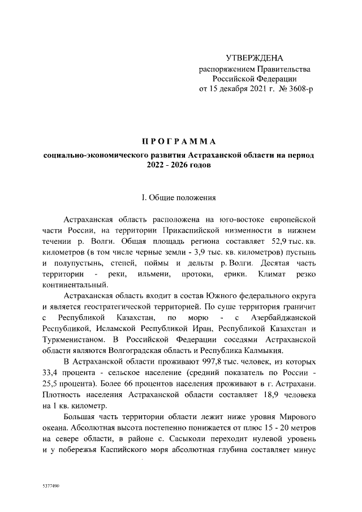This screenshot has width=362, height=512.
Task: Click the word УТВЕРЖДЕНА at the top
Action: tap(254, 58)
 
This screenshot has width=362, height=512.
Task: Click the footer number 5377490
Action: tap(51, 486)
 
